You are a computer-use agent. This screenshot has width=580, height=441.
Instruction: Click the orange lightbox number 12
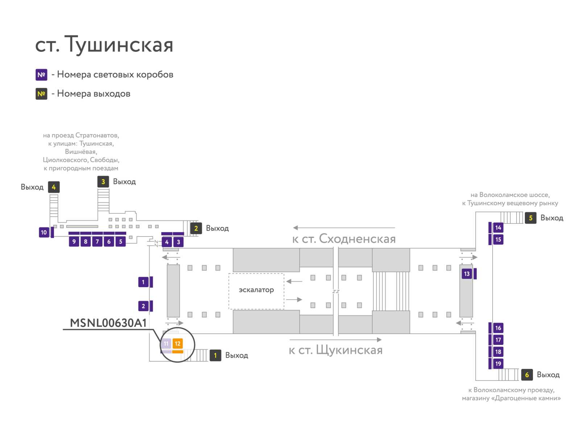(177, 343)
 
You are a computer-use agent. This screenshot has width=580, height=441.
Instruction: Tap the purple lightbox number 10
(43, 232)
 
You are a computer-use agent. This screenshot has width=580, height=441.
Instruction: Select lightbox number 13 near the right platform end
(467, 273)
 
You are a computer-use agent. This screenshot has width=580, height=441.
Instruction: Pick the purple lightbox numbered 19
(498, 363)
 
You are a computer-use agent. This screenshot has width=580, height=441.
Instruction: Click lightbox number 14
(498, 227)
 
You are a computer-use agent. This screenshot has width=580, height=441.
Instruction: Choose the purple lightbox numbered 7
(97, 241)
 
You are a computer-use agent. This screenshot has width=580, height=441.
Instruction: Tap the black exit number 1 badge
(215, 355)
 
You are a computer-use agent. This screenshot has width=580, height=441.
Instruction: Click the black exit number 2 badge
(196, 228)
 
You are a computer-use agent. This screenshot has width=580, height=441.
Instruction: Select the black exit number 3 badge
(103, 182)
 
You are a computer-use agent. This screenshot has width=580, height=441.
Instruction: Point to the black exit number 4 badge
(54, 187)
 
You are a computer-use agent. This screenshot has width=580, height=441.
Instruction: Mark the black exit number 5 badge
(530, 218)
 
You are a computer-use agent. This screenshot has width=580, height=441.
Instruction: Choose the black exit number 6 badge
(527, 375)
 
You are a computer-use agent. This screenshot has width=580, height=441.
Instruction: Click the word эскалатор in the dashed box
(256, 290)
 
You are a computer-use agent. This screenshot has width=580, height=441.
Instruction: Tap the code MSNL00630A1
(108, 323)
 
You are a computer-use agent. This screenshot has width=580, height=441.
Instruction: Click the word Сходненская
(357, 239)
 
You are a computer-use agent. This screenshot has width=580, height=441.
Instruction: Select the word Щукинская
(349, 350)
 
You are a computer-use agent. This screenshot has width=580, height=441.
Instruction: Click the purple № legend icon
(41, 74)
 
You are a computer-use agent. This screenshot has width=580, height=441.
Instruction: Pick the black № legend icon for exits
(41, 94)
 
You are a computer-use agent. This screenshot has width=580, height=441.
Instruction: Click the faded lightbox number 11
(166, 343)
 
